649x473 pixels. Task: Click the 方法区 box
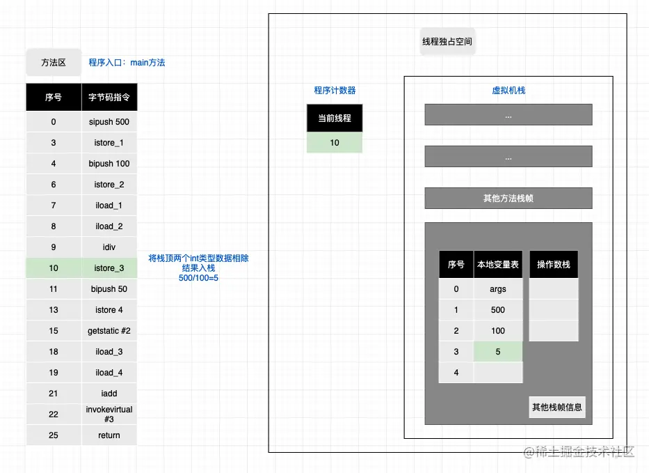point(53,62)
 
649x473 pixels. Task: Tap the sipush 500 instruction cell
point(109,122)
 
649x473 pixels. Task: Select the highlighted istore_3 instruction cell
point(109,268)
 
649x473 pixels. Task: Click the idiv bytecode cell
point(109,247)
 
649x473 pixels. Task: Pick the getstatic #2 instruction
point(109,331)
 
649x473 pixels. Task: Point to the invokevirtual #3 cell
point(109,414)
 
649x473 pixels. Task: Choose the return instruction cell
point(109,435)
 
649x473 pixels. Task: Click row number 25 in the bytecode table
point(54,435)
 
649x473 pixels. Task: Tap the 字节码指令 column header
point(109,98)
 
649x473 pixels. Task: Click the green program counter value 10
point(335,143)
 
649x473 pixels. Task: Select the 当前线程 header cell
point(335,118)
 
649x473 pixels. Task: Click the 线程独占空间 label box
point(447,42)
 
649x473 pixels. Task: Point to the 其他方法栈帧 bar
point(508,199)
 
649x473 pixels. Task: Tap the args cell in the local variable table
point(498,289)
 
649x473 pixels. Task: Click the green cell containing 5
point(498,352)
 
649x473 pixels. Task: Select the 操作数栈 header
point(554,265)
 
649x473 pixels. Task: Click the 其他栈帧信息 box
point(557,408)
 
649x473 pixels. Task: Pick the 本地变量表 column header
point(498,265)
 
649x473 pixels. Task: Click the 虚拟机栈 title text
point(508,91)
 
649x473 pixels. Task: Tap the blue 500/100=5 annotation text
point(199,278)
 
